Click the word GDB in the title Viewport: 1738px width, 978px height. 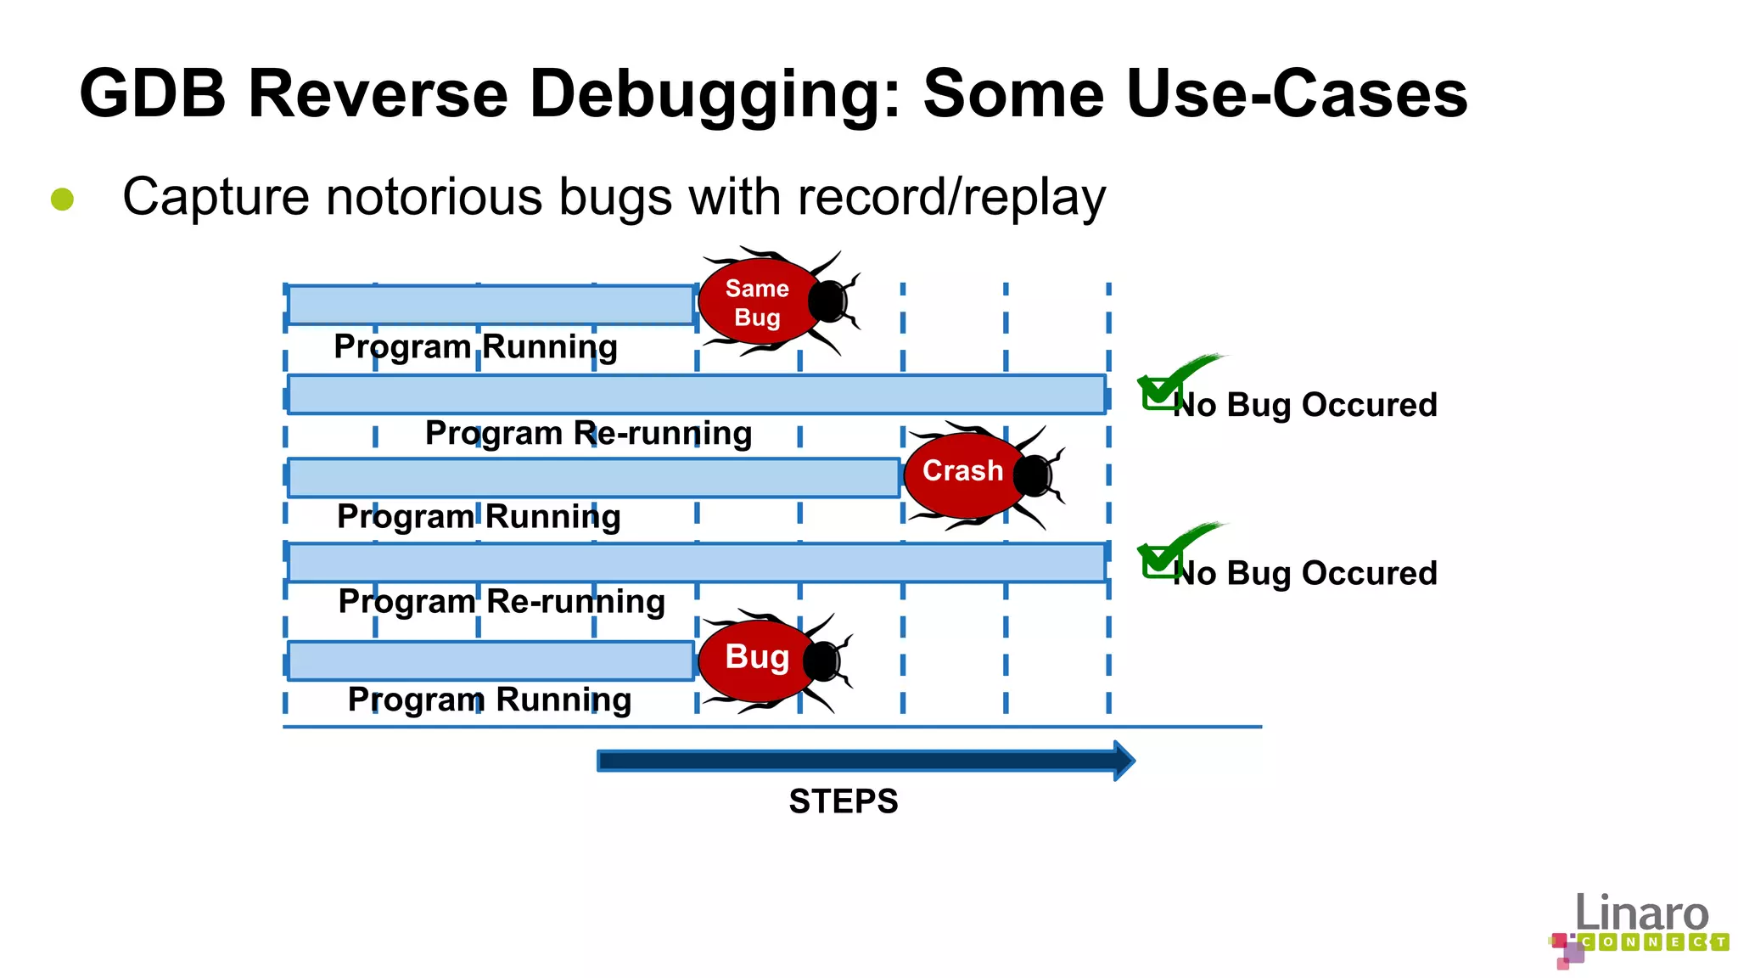tap(153, 93)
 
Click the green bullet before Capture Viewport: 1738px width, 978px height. tap(62, 200)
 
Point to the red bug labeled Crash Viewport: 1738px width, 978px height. tap(962, 472)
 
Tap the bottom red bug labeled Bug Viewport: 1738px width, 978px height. tap(757, 659)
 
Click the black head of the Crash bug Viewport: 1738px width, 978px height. tap(1033, 475)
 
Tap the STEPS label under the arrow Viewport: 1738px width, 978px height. tap(843, 801)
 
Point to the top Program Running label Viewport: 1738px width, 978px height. tap(475, 347)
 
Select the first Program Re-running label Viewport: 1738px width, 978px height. tap(588, 434)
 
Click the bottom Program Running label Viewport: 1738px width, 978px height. tap(490, 700)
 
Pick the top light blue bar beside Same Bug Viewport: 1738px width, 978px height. tap(491, 305)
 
